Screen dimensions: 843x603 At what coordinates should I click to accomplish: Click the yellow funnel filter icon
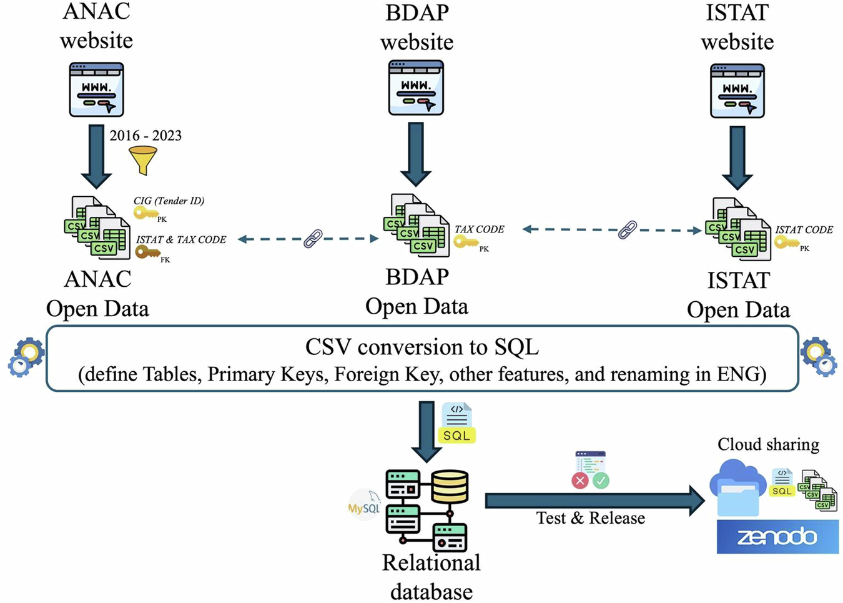pos(143,161)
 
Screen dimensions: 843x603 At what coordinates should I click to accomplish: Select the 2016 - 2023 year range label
pos(145,135)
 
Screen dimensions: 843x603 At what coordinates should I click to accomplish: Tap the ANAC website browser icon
pos(97,89)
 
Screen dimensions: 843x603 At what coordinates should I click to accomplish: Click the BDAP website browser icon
pos(417,87)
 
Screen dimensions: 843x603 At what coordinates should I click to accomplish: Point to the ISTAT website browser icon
pos(737,91)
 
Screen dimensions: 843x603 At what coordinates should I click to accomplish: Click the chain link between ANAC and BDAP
pos(313,239)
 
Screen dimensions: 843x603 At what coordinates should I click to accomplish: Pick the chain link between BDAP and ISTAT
pos(628,230)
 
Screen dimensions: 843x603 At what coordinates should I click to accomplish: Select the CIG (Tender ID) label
pos(169,201)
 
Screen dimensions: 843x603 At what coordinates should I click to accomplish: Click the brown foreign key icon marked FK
pos(147,252)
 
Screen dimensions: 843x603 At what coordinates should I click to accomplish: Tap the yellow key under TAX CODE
pos(466,241)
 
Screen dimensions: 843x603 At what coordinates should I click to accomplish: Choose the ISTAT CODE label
pos(804,230)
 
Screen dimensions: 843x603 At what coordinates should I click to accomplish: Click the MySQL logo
pos(364,505)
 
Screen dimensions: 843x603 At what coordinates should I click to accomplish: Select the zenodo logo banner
pos(778,537)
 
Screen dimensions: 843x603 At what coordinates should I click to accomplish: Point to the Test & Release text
pos(591,518)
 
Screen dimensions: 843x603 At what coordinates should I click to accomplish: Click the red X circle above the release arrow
pos(580,481)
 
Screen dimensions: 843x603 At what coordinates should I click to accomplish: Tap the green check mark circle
pos(601,481)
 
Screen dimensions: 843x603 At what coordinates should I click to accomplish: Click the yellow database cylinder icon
pos(450,487)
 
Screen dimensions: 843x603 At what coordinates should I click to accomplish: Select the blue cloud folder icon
pos(737,488)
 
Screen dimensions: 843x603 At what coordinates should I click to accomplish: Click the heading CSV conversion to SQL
pos(422,347)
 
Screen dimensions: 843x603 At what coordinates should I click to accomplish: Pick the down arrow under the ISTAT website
pos(737,158)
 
